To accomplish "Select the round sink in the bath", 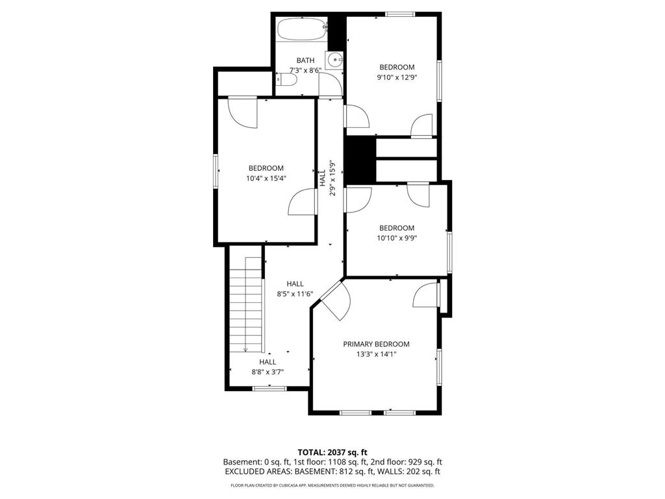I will point(335,59).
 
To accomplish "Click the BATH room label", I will point(305,60).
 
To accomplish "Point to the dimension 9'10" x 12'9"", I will point(396,77).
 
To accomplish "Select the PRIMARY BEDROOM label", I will point(376,344).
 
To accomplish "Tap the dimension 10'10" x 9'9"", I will point(396,238).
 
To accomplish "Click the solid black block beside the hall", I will point(360,160).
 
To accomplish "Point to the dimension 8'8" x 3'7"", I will point(268,372).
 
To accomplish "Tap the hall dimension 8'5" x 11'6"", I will point(295,294).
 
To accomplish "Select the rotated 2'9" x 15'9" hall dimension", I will point(332,178).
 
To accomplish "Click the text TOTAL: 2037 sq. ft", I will point(332,452).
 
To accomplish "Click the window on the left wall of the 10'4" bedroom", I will point(216,171).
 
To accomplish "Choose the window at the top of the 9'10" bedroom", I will point(400,14).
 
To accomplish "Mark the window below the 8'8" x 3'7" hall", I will point(269,389).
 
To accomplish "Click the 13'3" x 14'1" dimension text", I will point(376,354).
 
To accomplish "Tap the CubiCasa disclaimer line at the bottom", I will point(332,485).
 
